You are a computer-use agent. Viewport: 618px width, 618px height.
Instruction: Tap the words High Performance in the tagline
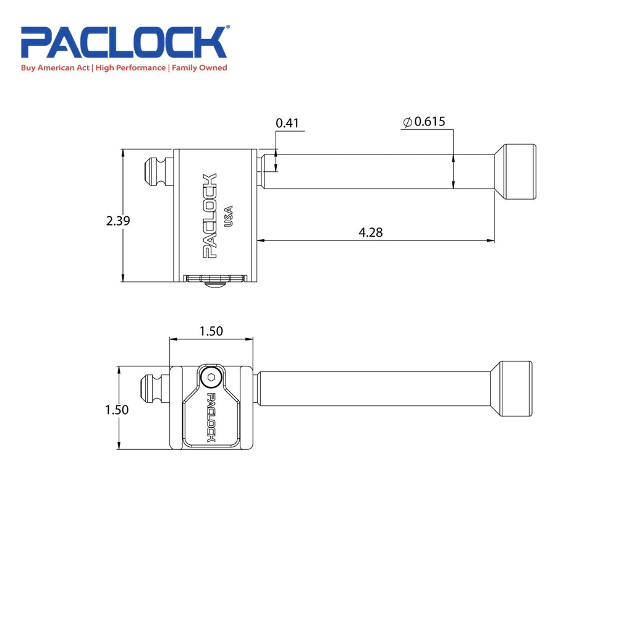click(130, 67)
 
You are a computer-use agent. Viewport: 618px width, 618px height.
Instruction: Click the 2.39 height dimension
click(117, 220)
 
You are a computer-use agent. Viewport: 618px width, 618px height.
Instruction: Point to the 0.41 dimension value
click(287, 123)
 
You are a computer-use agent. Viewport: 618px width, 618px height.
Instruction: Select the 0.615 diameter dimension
click(430, 122)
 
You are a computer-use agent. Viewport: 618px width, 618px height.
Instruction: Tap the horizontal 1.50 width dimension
click(211, 331)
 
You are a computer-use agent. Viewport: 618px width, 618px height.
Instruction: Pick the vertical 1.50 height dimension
click(117, 410)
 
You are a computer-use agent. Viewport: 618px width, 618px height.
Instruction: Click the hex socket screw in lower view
click(211, 378)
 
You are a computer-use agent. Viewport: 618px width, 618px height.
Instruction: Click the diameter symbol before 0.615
click(407, 122)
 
